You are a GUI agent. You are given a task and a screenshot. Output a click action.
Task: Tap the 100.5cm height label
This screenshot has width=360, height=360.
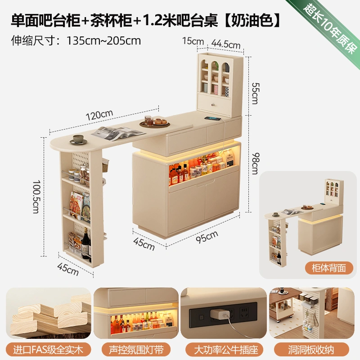coord(36,197)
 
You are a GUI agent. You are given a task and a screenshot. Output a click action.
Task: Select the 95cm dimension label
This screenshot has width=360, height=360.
coord(207,237)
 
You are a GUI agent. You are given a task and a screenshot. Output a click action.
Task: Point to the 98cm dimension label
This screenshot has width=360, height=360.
coord(255,163)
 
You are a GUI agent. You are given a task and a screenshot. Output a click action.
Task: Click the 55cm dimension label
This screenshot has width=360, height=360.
coord(255,93)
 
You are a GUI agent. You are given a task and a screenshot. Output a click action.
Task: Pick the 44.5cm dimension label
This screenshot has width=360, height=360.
coord(226,44)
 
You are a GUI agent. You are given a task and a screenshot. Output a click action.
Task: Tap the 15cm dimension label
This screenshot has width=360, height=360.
coord(193,41)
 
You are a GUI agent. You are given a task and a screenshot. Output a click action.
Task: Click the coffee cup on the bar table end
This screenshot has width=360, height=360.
coord(78,139)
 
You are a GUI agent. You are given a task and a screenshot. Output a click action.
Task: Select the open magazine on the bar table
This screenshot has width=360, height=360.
coord(118,133)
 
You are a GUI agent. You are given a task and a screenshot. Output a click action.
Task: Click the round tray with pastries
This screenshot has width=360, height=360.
coord(154,123)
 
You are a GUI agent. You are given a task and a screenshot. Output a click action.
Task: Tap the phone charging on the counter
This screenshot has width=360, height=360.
coord(212,118)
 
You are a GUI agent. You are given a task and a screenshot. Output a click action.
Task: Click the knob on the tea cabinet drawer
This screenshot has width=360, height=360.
coord(213,105)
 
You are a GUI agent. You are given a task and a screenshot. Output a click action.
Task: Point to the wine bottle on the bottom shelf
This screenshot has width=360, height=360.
coord(85,243)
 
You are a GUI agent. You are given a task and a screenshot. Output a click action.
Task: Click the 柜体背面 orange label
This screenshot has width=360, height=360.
coord(329,268)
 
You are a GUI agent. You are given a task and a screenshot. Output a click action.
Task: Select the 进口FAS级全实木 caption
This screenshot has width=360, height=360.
coord(48,350)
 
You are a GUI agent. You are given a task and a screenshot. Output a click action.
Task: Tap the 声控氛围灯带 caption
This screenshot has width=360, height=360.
coord(136,350)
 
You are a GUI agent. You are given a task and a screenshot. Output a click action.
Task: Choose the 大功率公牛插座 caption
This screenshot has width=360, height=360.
coord(226,350)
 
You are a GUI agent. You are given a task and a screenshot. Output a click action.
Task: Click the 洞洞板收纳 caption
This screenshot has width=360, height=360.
coord(311,350)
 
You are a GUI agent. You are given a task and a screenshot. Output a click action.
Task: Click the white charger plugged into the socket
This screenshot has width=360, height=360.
coord(220,314)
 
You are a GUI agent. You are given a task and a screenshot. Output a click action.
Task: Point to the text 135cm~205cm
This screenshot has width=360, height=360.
coord(103,41)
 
